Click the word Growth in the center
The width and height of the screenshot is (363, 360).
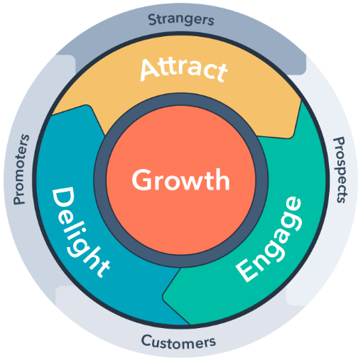tap(180, 180)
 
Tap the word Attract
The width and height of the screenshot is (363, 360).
tap(184, 70)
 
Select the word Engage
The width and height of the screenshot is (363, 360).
tap(269, 239)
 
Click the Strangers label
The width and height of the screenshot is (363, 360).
tap(181, 20)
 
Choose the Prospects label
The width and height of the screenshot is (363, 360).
tap(340, 170)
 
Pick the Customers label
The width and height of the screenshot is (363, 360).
tap(178, 342)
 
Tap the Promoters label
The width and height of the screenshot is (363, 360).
tap(21, 169)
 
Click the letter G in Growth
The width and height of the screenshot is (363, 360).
tap(143, 180)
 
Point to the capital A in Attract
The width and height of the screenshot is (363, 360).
tap(149, 70)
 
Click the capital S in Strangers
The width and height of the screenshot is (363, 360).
tap(153, 20)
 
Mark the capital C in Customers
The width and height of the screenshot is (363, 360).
tap(146, 341)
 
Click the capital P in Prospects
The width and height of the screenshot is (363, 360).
tap(339, 141)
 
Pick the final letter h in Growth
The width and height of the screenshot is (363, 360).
tap(222, 180)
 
